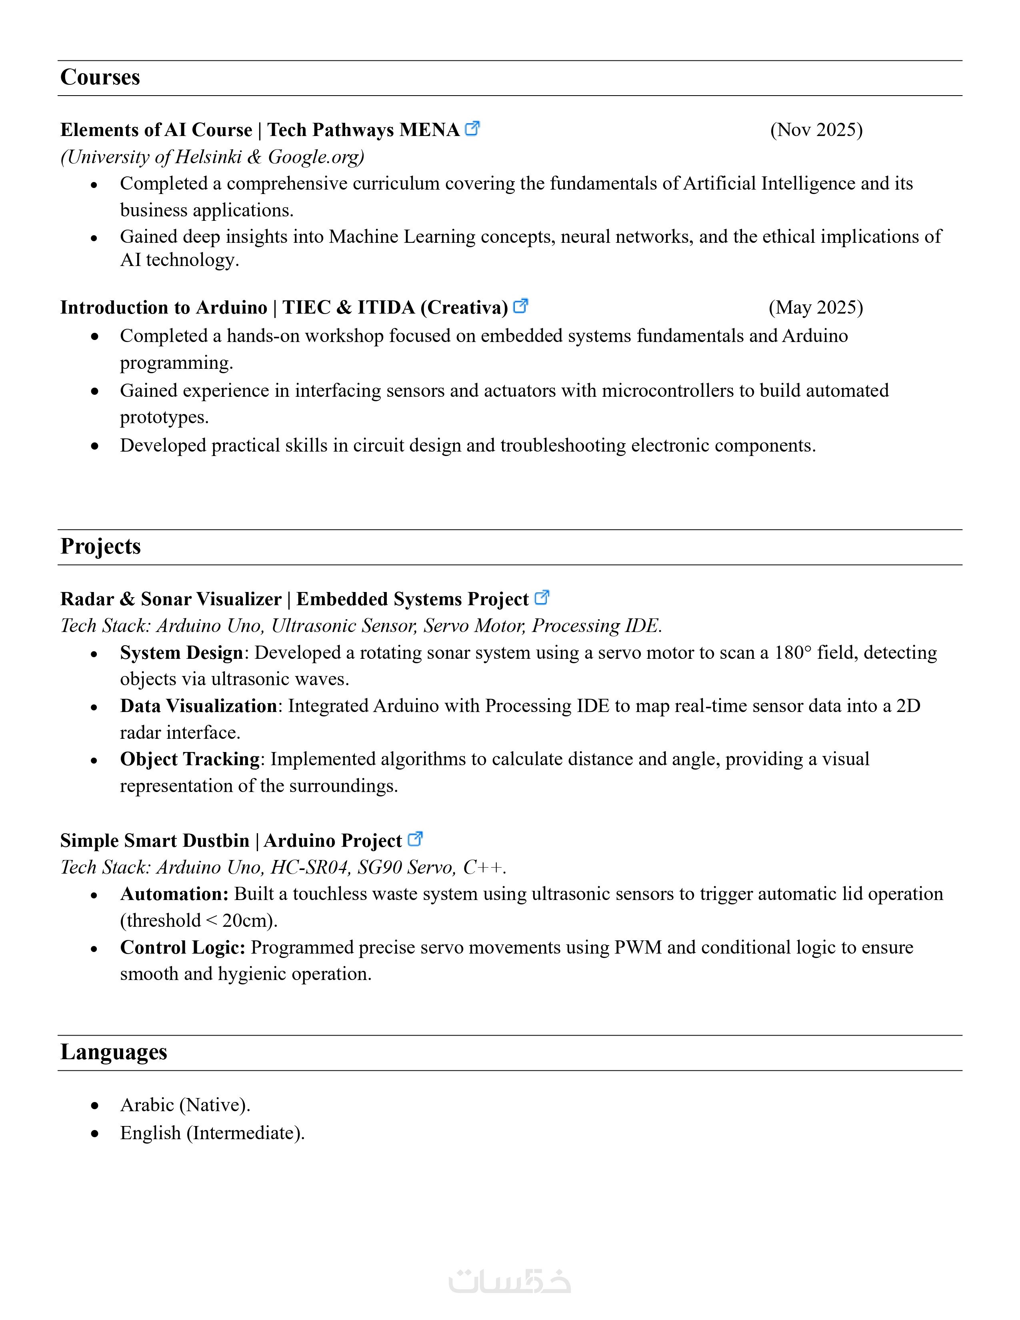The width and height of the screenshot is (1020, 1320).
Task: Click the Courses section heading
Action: (100, 77)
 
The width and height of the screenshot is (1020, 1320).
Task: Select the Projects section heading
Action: (100, 546)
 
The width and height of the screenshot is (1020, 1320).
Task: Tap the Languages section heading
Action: (114, 1052)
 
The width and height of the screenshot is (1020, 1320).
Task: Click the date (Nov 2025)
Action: (816, 130)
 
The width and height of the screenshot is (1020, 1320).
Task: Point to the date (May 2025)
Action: (816, 308)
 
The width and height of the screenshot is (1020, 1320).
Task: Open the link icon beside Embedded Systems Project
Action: (542, 598)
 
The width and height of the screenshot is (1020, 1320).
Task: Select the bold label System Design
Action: (181, 653)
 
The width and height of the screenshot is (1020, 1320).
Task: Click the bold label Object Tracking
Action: (190, 759)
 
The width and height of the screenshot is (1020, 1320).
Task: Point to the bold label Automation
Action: (174, 894)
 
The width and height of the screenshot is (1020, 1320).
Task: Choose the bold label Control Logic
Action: (182, 947)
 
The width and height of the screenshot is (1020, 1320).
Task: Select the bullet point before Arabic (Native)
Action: (94, 1106)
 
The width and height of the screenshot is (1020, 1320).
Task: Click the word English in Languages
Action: (150, 1133)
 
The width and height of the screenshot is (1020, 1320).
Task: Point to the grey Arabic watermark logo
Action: (509, 1281)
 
